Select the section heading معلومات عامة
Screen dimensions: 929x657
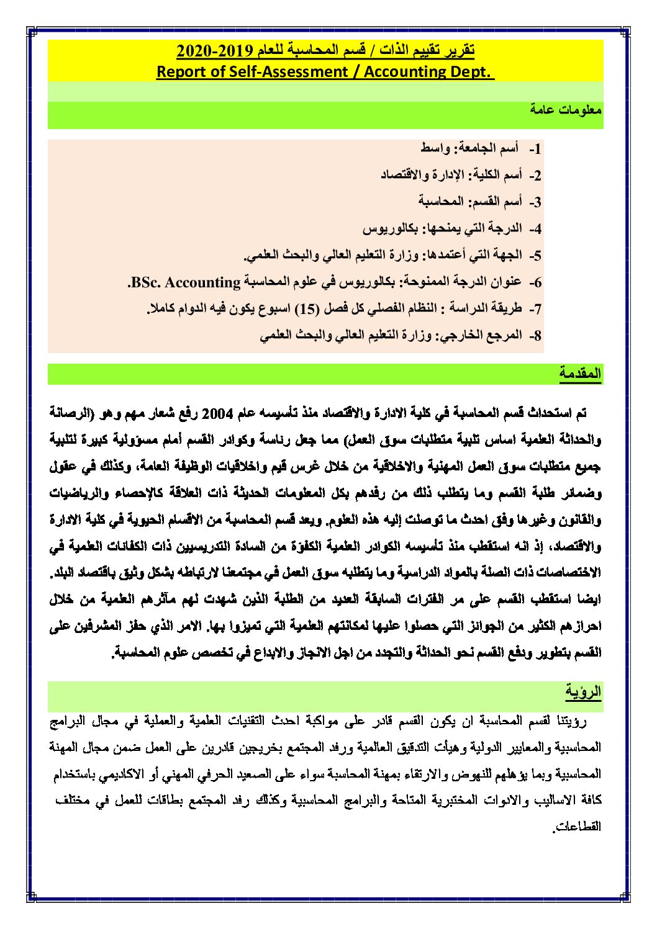point(566,110)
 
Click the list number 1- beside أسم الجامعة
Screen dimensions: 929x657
point(535,150)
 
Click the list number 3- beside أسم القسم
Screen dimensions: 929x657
point(535,202)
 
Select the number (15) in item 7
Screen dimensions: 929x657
point(305,309)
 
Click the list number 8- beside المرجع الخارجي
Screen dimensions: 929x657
point(535,336)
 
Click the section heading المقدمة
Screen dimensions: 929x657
point(580,374)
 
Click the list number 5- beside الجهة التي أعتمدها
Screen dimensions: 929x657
point(535,256)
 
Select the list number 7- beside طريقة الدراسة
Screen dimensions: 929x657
point(535,309)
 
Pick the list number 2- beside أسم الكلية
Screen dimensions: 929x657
point(535,176)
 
